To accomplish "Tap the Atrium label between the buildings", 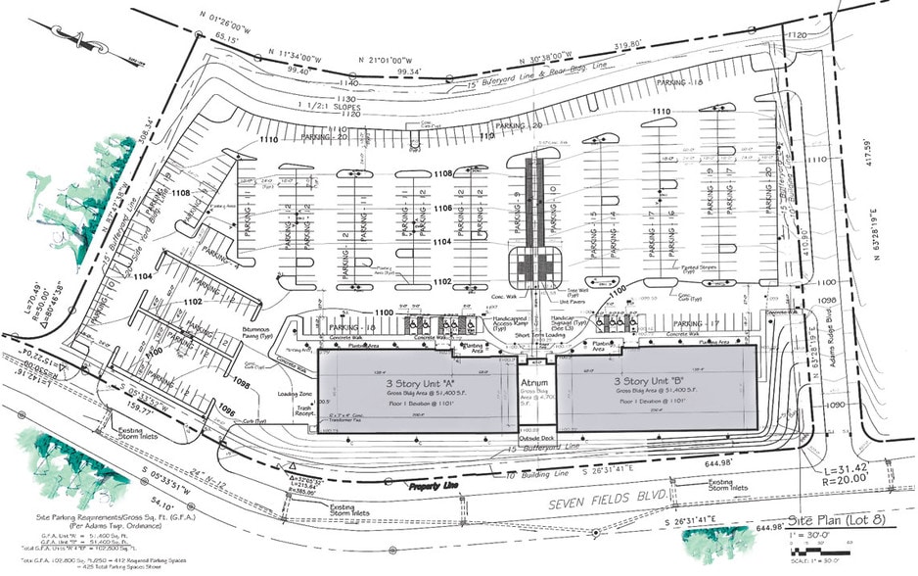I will (x=533, y=382).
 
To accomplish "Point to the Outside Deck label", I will (x=536, y=438).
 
